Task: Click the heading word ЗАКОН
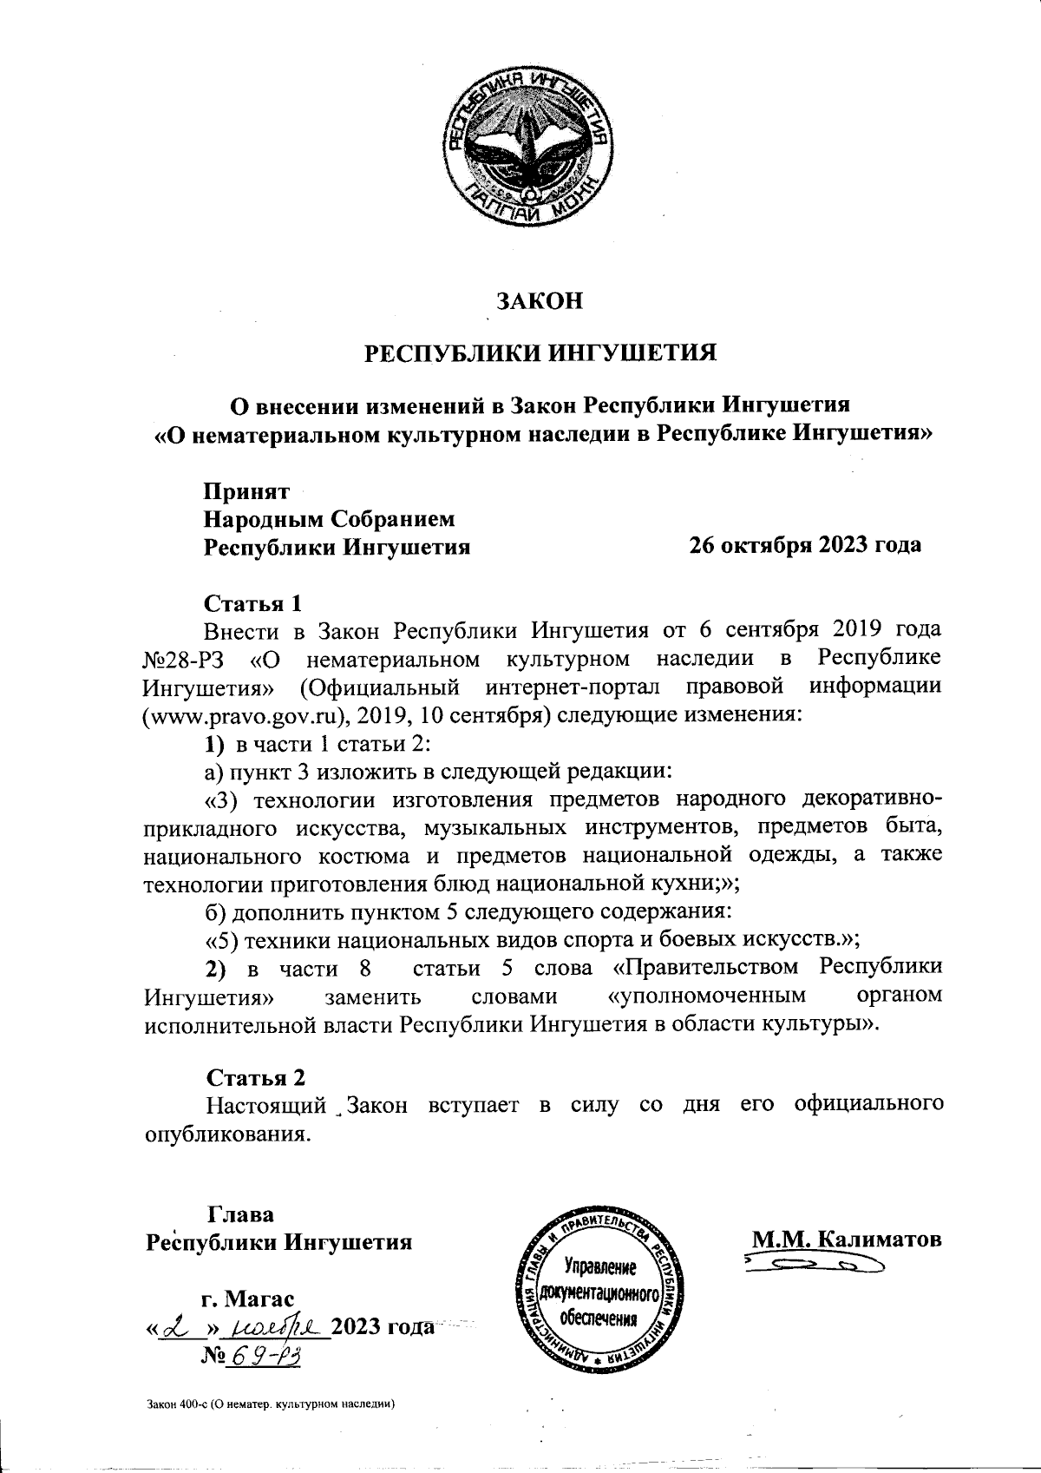point(538,301)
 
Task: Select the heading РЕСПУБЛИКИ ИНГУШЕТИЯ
point(539,353)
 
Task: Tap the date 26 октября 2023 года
point(804,545)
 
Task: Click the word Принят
point(246,491)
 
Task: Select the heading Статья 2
point(256,1077)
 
